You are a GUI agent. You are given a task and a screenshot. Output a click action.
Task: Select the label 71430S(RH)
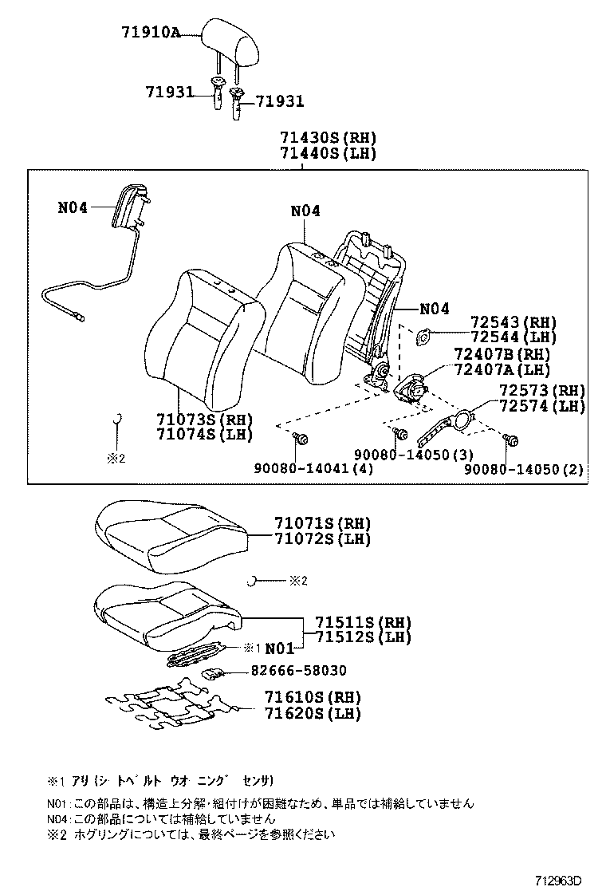(328, 137)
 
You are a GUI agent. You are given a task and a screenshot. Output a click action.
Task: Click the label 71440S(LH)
(328, 153)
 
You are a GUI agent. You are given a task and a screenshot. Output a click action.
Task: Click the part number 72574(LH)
(542, 406)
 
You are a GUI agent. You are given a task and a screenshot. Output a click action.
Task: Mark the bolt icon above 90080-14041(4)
(301, 437)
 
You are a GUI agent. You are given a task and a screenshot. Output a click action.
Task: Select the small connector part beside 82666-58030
(212, 673)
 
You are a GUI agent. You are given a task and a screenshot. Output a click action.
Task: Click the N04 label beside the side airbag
(73, 208)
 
